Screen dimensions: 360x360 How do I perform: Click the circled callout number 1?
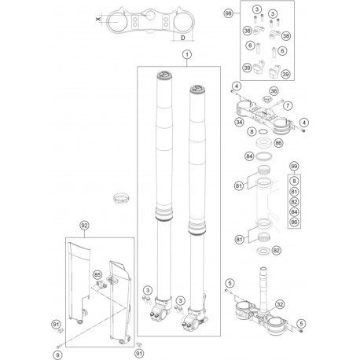click(x=186, y=54)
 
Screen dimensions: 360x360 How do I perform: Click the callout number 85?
click(x=98, y=274)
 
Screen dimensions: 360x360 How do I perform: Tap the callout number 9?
click(x=57, y=332)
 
